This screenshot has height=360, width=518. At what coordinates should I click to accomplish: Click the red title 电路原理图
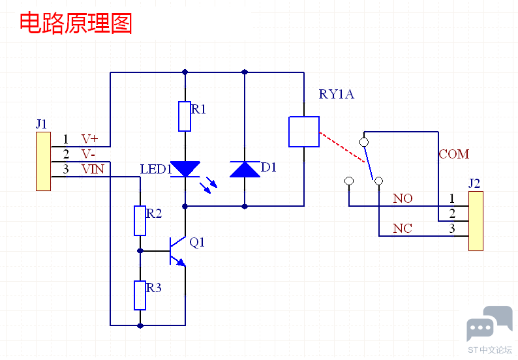tap(76, 23)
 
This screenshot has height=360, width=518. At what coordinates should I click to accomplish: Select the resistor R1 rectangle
tap(185, 116)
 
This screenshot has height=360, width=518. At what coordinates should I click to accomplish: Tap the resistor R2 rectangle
tap(140, 220)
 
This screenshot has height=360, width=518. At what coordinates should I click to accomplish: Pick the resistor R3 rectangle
tap(140, 295)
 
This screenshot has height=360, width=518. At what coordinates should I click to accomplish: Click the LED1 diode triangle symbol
tap(185, 170)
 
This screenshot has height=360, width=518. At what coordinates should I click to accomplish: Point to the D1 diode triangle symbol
tap(245, 170)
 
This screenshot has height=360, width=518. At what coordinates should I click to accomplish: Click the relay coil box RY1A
tap(303, 131)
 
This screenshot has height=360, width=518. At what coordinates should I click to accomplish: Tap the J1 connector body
tap(43, 161)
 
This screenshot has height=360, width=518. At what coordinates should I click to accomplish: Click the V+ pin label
tap(89, 139)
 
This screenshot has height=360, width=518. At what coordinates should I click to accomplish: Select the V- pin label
tap(88, 154)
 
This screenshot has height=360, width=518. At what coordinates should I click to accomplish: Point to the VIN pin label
tap(92, 169)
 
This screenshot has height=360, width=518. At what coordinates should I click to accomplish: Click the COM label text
tap(453, 155)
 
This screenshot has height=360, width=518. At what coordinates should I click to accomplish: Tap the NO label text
tap(402, 198)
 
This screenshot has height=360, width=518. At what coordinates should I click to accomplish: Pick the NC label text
tap(402, 228)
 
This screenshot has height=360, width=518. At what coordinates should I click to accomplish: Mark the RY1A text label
tap(336, 94)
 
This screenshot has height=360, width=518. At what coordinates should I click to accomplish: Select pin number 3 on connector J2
tap(451, 228)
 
